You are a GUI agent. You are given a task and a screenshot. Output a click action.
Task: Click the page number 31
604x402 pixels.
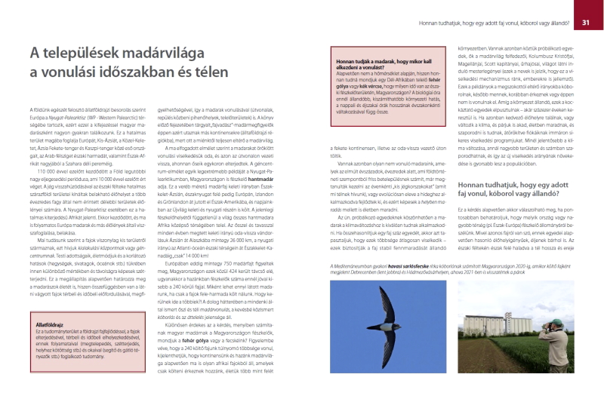click(586, 23)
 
